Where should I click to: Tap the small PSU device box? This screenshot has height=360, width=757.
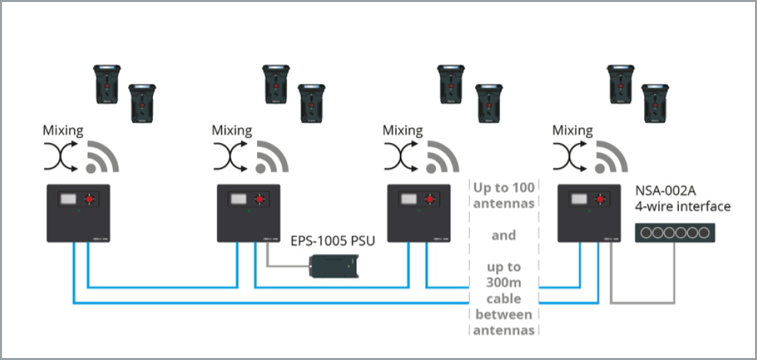(x=334, y=265)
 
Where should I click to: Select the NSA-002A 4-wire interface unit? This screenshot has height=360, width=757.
(x=675, y=232)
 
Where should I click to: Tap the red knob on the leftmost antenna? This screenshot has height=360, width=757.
(x=90, y=198)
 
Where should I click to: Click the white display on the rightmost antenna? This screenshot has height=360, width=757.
(x=577, y=198)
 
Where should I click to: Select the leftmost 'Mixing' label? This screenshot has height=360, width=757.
(x=63, y=130)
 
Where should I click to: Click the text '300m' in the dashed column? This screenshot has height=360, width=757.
(x=503, y=283)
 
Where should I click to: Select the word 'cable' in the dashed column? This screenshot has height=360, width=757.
(x=503, y=299)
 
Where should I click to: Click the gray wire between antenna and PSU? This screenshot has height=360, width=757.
(x=280, y=265)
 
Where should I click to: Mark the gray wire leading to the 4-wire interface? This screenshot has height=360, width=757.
(x=641, y=303)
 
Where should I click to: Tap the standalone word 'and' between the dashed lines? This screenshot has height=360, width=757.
(x=503, y=235)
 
